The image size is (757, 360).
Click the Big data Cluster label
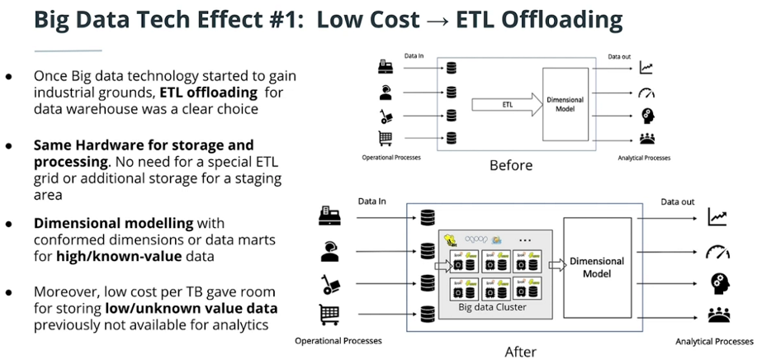point(492,307)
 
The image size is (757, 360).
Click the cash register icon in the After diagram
point(329,217)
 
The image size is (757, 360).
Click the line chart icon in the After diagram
point(717,217)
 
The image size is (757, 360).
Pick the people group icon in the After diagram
point(717,313)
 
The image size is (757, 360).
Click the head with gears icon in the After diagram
point(717,282)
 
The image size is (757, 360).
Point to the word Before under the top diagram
point(511,165)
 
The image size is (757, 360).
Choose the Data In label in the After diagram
point(373,201)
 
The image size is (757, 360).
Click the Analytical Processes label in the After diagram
point(713,340)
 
